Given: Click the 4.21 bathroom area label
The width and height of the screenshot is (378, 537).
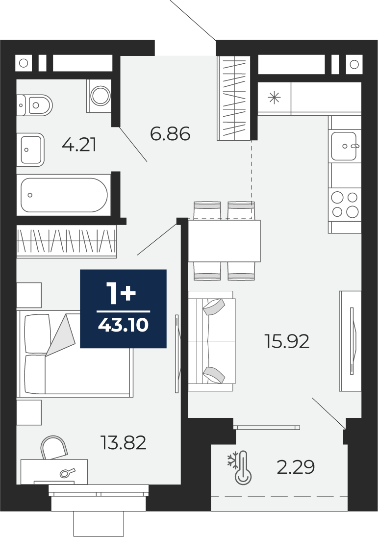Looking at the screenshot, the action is [79, 145].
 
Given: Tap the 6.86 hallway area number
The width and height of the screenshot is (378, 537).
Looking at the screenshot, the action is [170, 133].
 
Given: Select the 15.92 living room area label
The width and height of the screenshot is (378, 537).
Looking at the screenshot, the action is [287, 341].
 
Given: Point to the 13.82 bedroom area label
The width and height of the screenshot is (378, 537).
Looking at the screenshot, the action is [124, 442].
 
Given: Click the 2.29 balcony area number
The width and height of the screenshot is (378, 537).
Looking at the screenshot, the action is [296, 467].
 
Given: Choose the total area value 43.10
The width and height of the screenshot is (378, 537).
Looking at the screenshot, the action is [123, 325].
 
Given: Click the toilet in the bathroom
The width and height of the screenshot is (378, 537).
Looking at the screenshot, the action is [34, 105].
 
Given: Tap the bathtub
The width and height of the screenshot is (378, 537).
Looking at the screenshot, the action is [64, 195].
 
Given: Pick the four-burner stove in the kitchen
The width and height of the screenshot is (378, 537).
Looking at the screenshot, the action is [345, 205].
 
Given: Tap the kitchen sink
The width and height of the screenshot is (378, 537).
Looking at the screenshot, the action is [345, 146].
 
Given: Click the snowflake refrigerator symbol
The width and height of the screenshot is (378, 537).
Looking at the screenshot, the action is [274, 98].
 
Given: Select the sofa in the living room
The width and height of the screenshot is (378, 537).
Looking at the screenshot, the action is [212, 341].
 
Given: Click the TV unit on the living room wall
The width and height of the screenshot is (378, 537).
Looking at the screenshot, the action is [350, 341].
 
